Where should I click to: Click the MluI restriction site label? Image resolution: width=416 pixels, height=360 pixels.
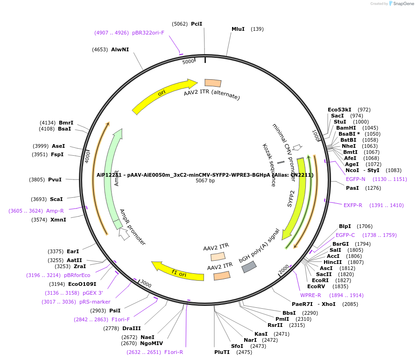click(x=238, y=29)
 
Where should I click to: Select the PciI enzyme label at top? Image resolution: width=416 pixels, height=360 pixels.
click(x=197, y=24)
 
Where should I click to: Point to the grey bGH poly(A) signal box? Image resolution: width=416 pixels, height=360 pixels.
click(x=248, y=267)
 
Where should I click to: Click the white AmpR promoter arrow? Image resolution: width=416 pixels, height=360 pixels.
click(x=124, y=234)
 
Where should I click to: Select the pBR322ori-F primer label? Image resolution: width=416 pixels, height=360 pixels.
click(x=148, y=33)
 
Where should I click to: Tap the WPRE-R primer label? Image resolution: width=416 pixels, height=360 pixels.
click(x=310, y=295)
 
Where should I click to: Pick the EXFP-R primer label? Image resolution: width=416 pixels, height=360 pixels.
click(x=353, y=205)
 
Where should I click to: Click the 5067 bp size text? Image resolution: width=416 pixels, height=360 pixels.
click(x=205, y=180)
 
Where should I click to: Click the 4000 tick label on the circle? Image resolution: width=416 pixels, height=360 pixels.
click(x=87, y=156)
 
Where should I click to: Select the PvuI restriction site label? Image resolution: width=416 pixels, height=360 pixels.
click(x=55, y=180)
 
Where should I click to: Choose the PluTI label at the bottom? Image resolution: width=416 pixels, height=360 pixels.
click(x=222, y=352)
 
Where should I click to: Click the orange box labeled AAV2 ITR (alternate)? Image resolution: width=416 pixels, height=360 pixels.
click(x=213, y=83)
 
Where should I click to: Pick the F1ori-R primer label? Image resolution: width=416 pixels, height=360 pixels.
click(x=174, y=352)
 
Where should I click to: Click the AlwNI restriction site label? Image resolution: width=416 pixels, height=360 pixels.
click(x=120, y=49)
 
